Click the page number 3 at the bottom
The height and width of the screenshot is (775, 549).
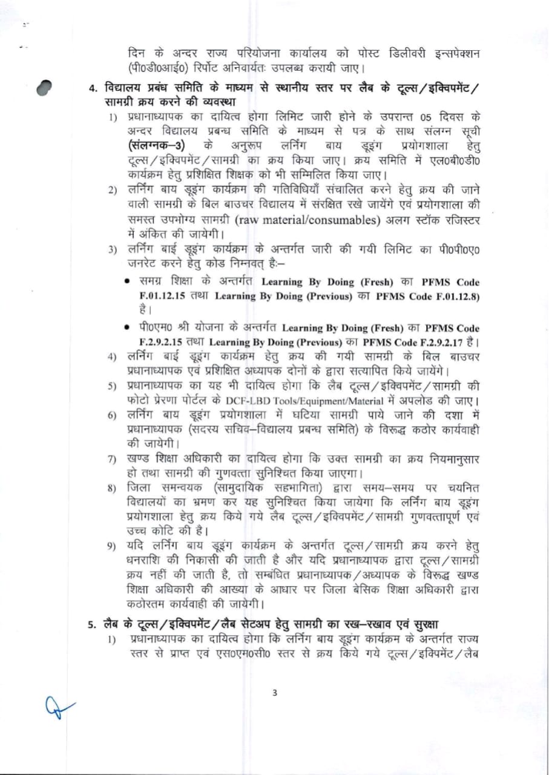(x=275, y=693)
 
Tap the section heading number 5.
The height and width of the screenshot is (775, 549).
(x=92, y=624)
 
